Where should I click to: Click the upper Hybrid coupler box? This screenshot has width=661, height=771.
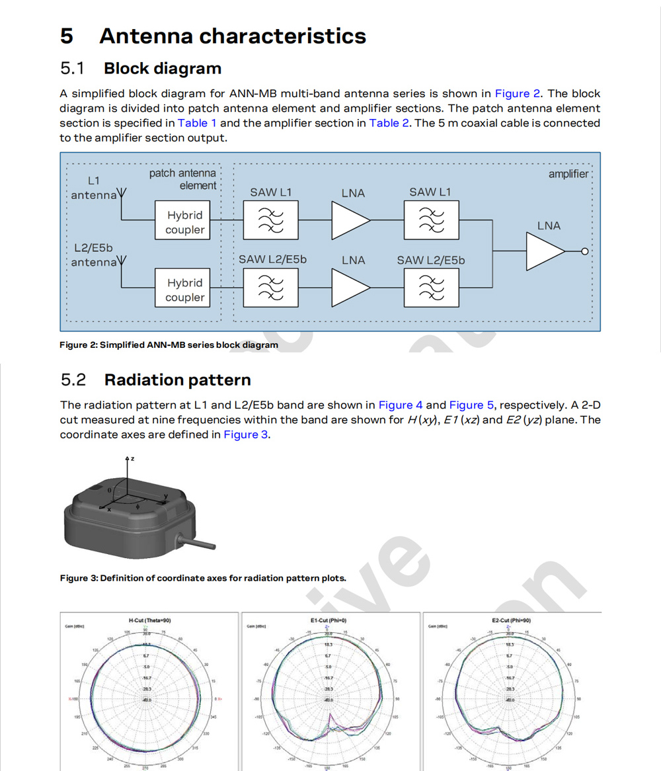click(x=184, y=222)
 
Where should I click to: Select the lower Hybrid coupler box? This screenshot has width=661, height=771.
click(x=184, y=290)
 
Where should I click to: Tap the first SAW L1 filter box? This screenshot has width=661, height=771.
click(x=270, y=220)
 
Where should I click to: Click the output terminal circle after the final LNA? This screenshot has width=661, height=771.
click(x=584, y=251)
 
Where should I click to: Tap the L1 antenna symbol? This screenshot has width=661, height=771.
click(x=122, y=194)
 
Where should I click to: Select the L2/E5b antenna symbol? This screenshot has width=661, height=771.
click(x=122, y=263)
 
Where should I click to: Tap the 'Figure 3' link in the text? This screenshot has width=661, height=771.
click(x=246, y=434)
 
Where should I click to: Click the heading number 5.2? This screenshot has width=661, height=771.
click(x=73, y=380)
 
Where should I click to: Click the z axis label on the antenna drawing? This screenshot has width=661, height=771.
click(x=132, y=458)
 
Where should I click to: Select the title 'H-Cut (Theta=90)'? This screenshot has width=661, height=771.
click(x=149, y=620)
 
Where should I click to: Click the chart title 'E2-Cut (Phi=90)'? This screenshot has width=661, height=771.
click(x=512, y=620)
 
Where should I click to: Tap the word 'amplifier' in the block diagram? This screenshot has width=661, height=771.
click(x=568, y=174)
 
